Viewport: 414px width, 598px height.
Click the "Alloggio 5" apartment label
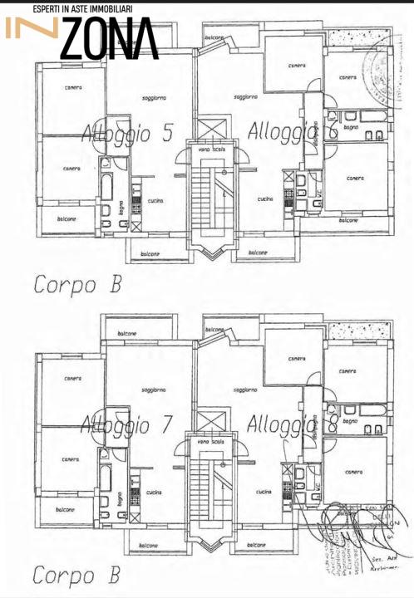(126, 134)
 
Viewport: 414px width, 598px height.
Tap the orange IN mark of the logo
(32, 28)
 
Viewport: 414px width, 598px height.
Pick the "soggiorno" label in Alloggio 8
(245, 389)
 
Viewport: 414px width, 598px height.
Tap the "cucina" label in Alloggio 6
(264, 199)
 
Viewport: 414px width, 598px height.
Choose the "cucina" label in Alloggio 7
(154, 493)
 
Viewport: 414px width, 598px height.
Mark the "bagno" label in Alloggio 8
(351, 421)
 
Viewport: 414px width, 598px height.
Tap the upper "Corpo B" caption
(77, 284)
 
